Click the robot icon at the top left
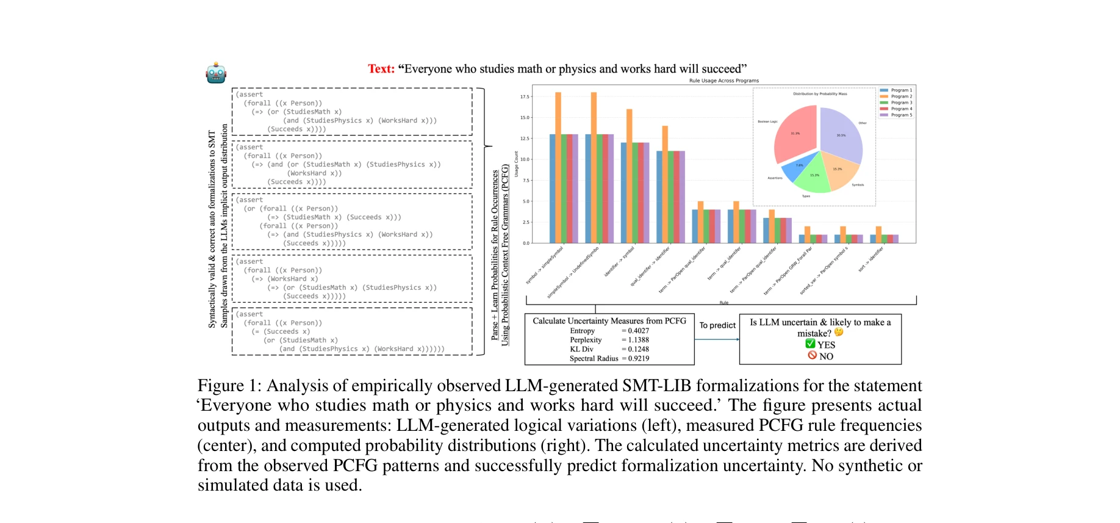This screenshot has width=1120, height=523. [x=216, y=73]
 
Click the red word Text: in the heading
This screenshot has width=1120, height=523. [x=381, y=69]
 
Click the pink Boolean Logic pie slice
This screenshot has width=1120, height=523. [x=794, y=134]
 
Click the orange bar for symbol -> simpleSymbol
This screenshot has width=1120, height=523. [x=558, y=167]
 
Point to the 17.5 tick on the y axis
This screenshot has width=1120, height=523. [x=525, y=96]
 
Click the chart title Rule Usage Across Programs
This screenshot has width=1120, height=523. [x=723, y=81]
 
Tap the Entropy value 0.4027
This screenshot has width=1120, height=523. [x=638, y=331]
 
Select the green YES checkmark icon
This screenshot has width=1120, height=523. [x=810, y=344]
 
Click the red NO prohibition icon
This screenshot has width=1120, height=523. [x=812, y=355]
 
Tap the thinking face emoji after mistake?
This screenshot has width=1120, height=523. [x=839, y=333]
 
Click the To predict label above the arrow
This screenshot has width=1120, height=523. [x=717, y=325]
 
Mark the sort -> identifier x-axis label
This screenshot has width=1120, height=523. [x=871, y=259]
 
